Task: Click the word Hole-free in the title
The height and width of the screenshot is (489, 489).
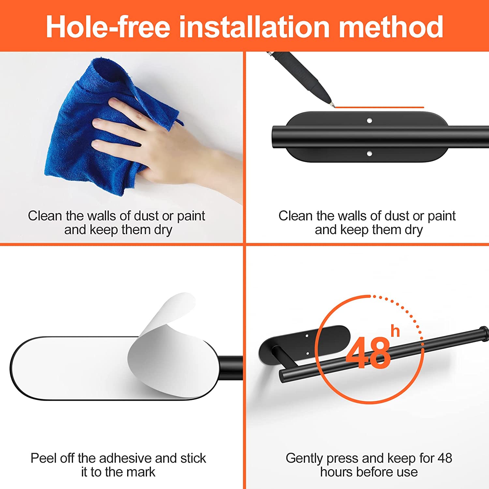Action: coord(108,27)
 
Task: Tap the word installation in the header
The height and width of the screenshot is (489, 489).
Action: coord(254,27)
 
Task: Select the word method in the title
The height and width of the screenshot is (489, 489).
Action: coord(391,27)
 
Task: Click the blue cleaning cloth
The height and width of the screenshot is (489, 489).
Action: coord(108,127)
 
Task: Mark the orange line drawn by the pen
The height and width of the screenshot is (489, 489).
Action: coord(379,107)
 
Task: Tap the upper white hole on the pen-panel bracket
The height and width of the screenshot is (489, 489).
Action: coord(369,121)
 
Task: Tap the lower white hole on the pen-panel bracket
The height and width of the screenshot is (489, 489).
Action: coord(369,153)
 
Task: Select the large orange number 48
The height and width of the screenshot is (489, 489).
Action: coord(368,353)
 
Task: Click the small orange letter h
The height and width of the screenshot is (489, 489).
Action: coord(395,331)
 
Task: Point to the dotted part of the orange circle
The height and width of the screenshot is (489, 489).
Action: coord(407,313)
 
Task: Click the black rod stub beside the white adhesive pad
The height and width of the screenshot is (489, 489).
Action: coord(231,368)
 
